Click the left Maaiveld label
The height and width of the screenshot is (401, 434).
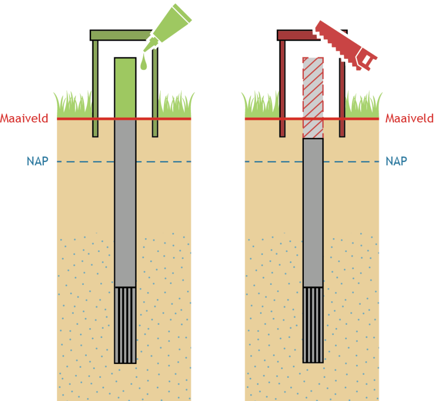click(x=24, y=118)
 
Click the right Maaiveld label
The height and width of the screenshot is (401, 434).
click(x=409, y=118)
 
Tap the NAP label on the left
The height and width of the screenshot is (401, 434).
click(x=38, y=161)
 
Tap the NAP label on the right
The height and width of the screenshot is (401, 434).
click(x=396, y=161)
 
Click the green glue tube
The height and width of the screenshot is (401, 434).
click(x=169, y=27)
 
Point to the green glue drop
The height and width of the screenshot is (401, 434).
click(x=144, y=65)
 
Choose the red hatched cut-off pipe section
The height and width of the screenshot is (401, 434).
click(x=313, y=96)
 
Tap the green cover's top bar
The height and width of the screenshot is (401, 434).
click(x=121, y=35)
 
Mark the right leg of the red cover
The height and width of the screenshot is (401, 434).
click(x=342, y=96)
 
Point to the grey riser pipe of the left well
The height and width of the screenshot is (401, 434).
click(x=125, y=202)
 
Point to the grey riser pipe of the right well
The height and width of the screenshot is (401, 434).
click(x=313, y=212)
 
